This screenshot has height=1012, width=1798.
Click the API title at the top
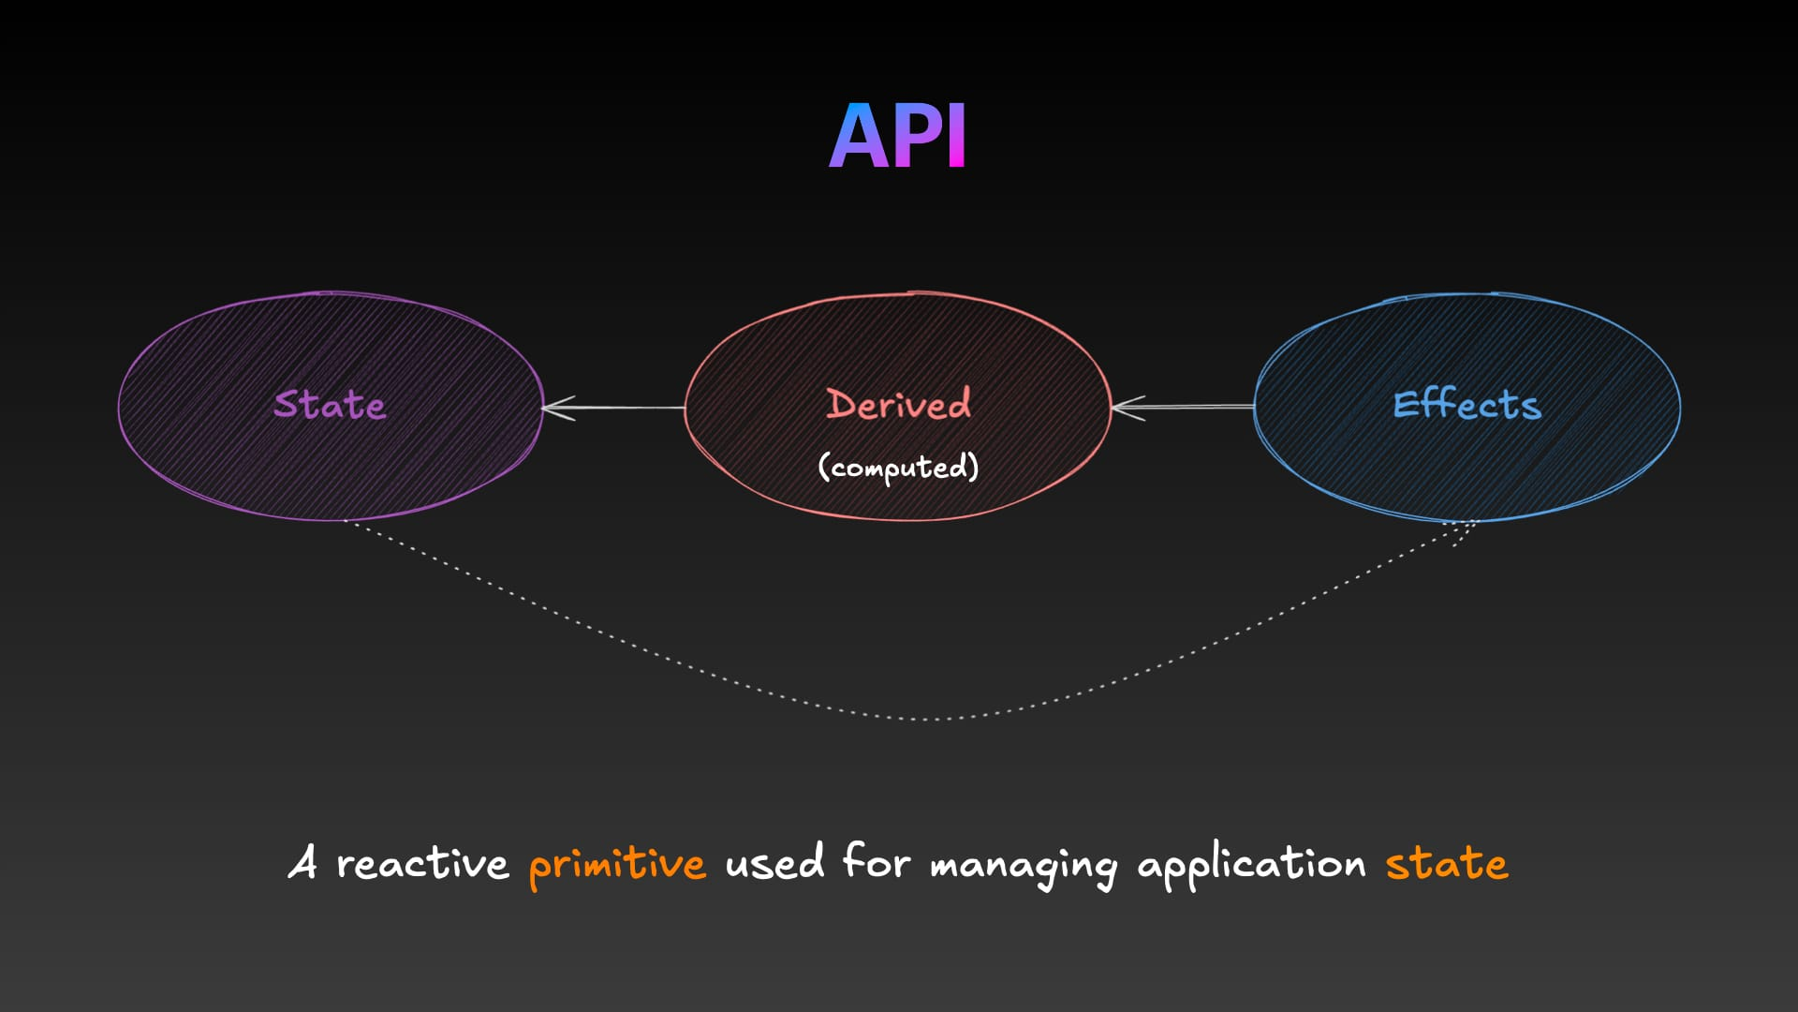coord(897,137)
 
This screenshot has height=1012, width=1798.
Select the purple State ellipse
coord(331,406)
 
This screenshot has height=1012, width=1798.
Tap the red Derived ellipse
coord(897,406)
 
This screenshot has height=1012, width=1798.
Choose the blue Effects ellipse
coord(1466,406)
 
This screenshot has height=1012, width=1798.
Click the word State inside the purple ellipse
coord(330,404)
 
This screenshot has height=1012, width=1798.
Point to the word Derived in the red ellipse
coord(898,404)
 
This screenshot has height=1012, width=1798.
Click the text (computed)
coord(898,467)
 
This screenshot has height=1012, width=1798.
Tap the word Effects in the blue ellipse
coord(1466,404)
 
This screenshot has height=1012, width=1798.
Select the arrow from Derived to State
coord(613,408)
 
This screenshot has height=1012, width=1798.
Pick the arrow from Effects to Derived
coord(1183,408)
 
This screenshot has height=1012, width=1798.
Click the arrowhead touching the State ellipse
coord(557,408)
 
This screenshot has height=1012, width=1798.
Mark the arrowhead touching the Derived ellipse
coord(1127,408)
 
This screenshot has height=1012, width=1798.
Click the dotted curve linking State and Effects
coord(922,719)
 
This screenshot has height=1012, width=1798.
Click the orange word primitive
coord(617,863)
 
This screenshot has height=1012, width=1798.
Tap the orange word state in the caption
coord(1447,862)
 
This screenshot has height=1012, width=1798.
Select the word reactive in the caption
coord(422,862)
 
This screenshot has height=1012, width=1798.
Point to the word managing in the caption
coord(1024,864)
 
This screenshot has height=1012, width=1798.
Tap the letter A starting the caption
coord(302,861)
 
